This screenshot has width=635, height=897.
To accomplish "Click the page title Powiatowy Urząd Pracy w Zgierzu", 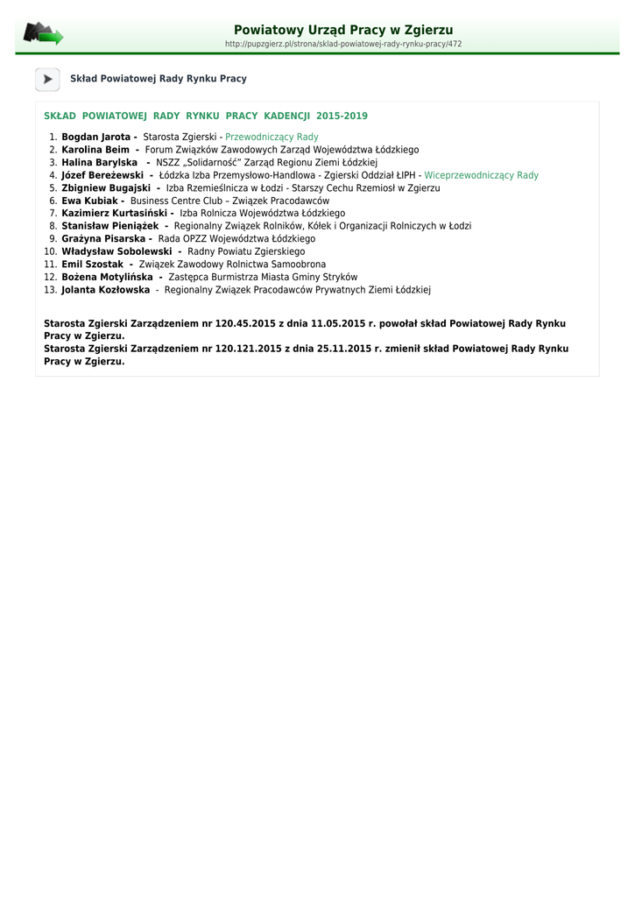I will tap(342, 30).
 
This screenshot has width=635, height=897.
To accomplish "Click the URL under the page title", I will tap(342, 44).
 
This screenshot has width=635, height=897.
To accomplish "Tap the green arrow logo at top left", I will tap(43, 34).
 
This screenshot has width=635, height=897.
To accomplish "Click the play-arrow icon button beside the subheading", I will tap(47, 79).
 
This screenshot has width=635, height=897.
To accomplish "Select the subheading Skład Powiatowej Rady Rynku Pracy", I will tap(158, 79).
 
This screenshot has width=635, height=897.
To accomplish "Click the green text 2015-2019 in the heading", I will tap(342, 116).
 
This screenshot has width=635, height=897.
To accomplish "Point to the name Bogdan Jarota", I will tap(95, 138).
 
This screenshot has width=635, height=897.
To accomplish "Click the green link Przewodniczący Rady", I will tap(272, 138).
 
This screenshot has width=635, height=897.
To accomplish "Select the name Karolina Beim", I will tap(95, 150).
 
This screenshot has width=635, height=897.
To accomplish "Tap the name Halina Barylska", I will tap(99, 163).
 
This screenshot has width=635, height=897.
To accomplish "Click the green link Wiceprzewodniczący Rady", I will tap(481, 175).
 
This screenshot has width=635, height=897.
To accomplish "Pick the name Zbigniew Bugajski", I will tap(106, 188).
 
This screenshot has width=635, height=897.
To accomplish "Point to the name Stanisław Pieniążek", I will tap(109, 226).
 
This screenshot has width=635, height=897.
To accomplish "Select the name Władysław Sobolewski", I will tap(116, 251).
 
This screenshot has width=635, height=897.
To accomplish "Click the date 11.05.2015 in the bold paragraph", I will tap(337, 323).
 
